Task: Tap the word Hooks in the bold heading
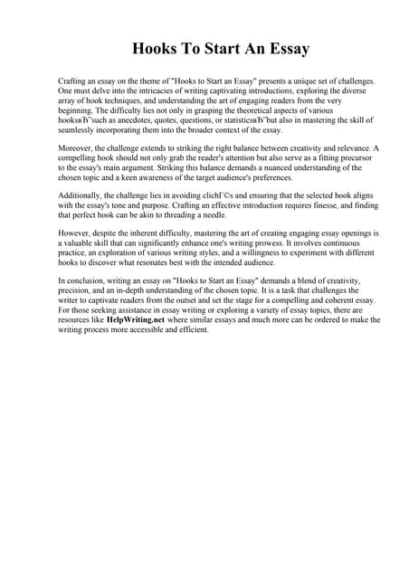coord(156,48)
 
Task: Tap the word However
coord(74,234)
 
